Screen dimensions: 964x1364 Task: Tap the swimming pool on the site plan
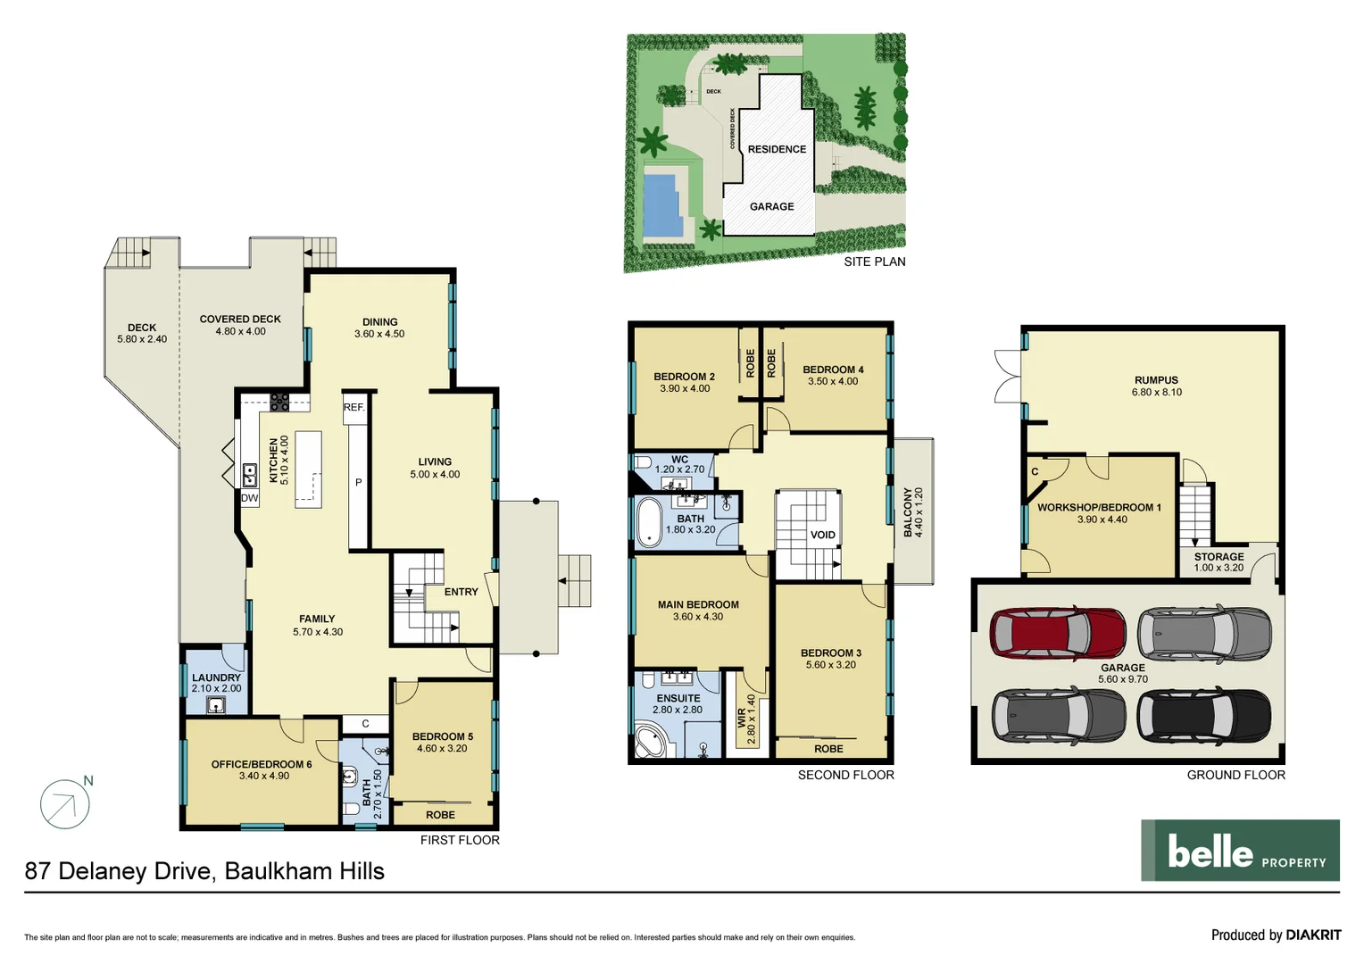click(x=660, y=204)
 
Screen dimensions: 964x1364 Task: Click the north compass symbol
click(x=65, y=803)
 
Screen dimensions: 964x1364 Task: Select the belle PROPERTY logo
click(x=1240, y=851)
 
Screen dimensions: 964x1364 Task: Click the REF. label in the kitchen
click(x=353, y=407)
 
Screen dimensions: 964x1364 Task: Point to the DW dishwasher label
click(x=250, y=498)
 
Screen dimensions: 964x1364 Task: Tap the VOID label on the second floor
click(x=822, y=536)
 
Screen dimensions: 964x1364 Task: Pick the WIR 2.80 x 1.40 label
click(x=746, y=719)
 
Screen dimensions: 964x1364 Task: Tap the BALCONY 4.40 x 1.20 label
click(x=913, y=511)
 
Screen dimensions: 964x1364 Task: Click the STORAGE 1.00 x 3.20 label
click(x=1218, y=561)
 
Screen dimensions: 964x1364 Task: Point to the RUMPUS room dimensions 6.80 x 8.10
click(x=1156, y=392)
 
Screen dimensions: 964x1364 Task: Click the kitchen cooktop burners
click(x=279, y=402)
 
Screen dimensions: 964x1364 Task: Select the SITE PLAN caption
click(x=874, y=262)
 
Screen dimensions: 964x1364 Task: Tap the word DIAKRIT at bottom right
click(x=1313, y=935)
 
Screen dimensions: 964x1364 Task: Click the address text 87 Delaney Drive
click(x=118, y=871)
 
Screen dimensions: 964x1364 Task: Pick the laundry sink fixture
click(x=215, y=705)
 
